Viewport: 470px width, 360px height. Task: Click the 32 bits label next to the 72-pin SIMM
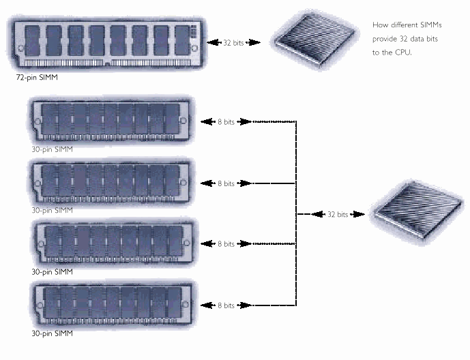pos(233,43)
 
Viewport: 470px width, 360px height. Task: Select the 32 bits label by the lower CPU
pos(337,214)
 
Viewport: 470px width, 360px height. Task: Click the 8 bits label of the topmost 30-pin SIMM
pos(225,122)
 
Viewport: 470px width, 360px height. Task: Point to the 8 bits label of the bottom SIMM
pos(225,305)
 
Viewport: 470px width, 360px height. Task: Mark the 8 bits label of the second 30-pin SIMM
pos(225,183)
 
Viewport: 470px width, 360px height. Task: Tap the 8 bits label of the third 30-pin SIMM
pos(225,244)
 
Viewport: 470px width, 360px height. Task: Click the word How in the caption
pos(380,25)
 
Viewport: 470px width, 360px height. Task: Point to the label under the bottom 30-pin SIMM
pos(53,334)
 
